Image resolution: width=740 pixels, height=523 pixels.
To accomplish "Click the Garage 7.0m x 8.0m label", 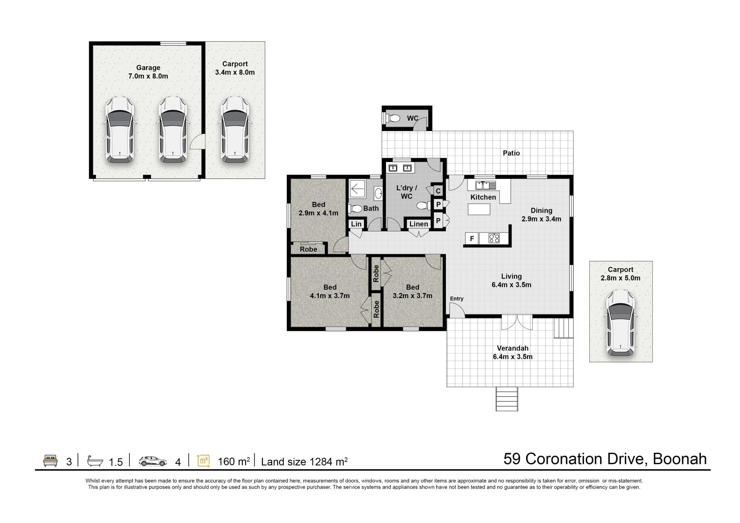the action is click(x=148, y=72).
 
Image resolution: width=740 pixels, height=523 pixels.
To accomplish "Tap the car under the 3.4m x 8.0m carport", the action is click(x=235, y=130).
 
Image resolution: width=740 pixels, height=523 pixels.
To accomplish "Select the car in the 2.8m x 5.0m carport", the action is click(x=621, y=323).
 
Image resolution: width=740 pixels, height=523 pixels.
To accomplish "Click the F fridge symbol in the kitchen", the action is click(x=472, y=239).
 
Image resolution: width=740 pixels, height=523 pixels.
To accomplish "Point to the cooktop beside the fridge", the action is click(x=494, y=239).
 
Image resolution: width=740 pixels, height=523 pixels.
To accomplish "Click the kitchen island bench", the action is click(x=479, y=209).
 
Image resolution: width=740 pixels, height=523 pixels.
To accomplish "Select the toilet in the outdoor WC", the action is click(x=392, y=118).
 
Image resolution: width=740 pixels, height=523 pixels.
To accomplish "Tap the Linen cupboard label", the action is click(x=419, y=224).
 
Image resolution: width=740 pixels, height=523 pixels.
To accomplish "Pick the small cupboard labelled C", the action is click(x=438, y=191).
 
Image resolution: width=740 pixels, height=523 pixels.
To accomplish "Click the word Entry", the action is click(x=457, y=299).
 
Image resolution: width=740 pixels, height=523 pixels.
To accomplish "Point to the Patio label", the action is click(x=511, y=153).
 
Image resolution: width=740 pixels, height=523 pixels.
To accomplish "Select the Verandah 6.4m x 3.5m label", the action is click(x=513, y=353).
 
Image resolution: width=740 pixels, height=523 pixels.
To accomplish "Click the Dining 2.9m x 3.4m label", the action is click(x=541, y=215).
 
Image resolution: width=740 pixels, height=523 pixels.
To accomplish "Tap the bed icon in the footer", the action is click(x=50, y=461).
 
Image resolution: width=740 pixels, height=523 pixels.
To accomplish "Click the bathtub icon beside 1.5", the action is click(x=95, y=461).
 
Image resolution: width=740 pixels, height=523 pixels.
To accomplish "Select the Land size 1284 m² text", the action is click(x=304, y=461).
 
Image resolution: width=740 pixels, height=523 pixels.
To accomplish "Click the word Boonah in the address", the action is click(x=680, y=459).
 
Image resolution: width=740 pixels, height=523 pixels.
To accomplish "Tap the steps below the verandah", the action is click(x=507, y=399).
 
